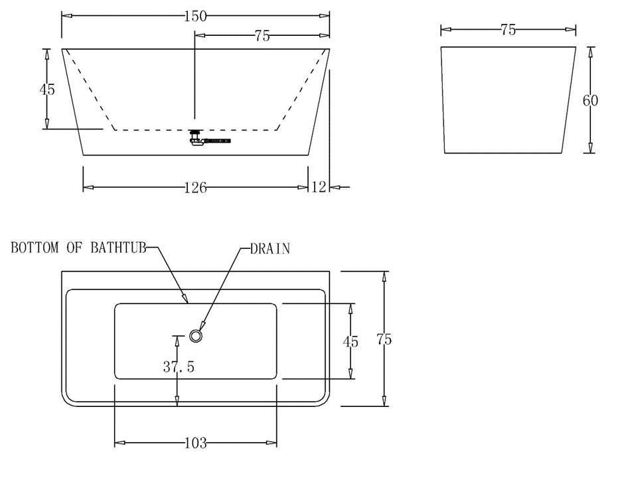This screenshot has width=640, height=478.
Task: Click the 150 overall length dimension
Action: click(195, 17)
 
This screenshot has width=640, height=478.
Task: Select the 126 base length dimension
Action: click(195, 188)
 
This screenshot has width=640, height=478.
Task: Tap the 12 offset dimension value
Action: click(319, 188)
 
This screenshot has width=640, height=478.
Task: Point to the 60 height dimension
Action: click(590, 100)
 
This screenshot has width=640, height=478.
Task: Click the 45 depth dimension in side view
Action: click(47, 89)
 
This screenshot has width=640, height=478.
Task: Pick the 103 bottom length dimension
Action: click(195, 443)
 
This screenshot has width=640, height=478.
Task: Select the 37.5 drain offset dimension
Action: click(179, 366)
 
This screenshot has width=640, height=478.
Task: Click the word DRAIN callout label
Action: click(270, 249)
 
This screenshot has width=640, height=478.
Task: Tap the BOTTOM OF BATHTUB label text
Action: click(78, 248)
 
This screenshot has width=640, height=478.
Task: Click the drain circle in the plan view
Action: click(196, 336)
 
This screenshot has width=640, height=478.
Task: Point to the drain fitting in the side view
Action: click(195, 139)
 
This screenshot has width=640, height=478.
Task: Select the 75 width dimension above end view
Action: click(508, 30)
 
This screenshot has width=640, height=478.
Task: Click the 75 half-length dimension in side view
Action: click(262, 36)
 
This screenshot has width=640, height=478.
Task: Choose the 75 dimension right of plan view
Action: click(384, 339)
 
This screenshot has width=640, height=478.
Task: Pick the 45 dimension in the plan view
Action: click(351, 341)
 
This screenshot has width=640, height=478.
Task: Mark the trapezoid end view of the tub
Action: click(508, 100)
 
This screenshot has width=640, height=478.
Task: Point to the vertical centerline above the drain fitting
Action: click(194, 80)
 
